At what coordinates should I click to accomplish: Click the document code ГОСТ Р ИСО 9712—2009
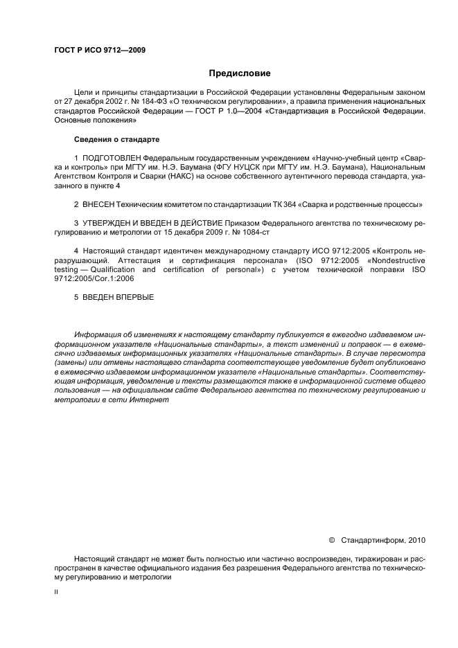pos(99,51)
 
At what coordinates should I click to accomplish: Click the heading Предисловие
pos(240,73)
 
